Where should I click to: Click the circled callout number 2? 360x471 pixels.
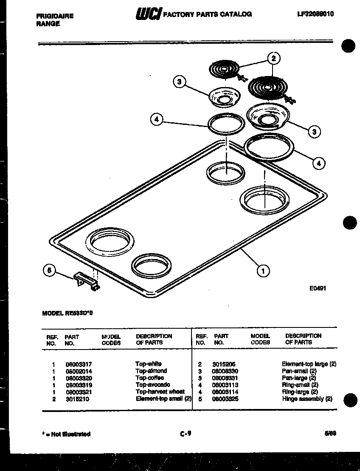[x=274, y=59]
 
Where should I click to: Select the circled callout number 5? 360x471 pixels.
[x=49, y=271]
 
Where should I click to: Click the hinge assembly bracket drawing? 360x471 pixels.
[x=87, y=282]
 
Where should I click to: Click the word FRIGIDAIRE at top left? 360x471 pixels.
[x=55, y=16]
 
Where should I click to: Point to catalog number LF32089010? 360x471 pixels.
[x=315, y=14]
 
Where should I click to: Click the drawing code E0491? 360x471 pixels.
[x=318, y=288]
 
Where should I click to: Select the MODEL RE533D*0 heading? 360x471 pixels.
[x=67, y=313]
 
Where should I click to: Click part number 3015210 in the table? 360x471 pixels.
[x=77, y=399]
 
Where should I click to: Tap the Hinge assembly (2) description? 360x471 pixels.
[x=307, y=399]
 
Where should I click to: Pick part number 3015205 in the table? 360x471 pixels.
[x=224, y=364]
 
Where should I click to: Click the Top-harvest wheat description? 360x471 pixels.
[x=160, y=392]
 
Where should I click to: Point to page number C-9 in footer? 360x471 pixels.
[x=186, y=434]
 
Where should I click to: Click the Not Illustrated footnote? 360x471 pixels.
[x=66, y=434]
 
